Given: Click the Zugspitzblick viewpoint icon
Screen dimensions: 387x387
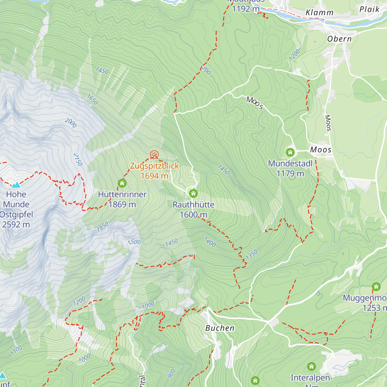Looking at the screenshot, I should (154, 155).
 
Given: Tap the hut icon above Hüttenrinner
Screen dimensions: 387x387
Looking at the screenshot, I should (122, 183).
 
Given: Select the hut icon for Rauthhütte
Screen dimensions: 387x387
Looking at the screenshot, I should (193, 193).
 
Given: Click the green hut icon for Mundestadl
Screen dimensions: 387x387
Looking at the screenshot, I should (290, 152).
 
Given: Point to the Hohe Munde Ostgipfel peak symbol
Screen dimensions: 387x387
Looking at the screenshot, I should (16, 185).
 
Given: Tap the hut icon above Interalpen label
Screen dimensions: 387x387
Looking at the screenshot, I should (311, 366).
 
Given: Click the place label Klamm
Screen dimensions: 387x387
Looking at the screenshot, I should (319, 13).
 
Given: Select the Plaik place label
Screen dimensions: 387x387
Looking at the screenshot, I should (369, 9).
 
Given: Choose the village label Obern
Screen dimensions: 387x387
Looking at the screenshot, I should (339, 39).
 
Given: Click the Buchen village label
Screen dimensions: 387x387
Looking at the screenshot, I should (220, 328).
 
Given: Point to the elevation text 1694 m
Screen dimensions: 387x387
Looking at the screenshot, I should (154, 176).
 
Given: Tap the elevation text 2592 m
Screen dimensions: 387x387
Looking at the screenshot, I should (16, 224).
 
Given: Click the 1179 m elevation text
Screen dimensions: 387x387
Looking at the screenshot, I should (290, 174).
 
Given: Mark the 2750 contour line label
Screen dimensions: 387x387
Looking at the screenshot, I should (78, 160).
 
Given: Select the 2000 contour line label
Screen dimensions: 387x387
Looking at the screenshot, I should (71, 123).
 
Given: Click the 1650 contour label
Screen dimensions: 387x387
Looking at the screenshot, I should (92, 99).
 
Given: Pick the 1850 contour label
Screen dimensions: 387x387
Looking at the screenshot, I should (103, 227).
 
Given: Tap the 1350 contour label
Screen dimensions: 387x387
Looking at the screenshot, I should (252, 255).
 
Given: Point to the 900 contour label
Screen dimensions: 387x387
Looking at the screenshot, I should (172, 373).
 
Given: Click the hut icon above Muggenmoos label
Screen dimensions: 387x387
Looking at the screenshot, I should (376, 286).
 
